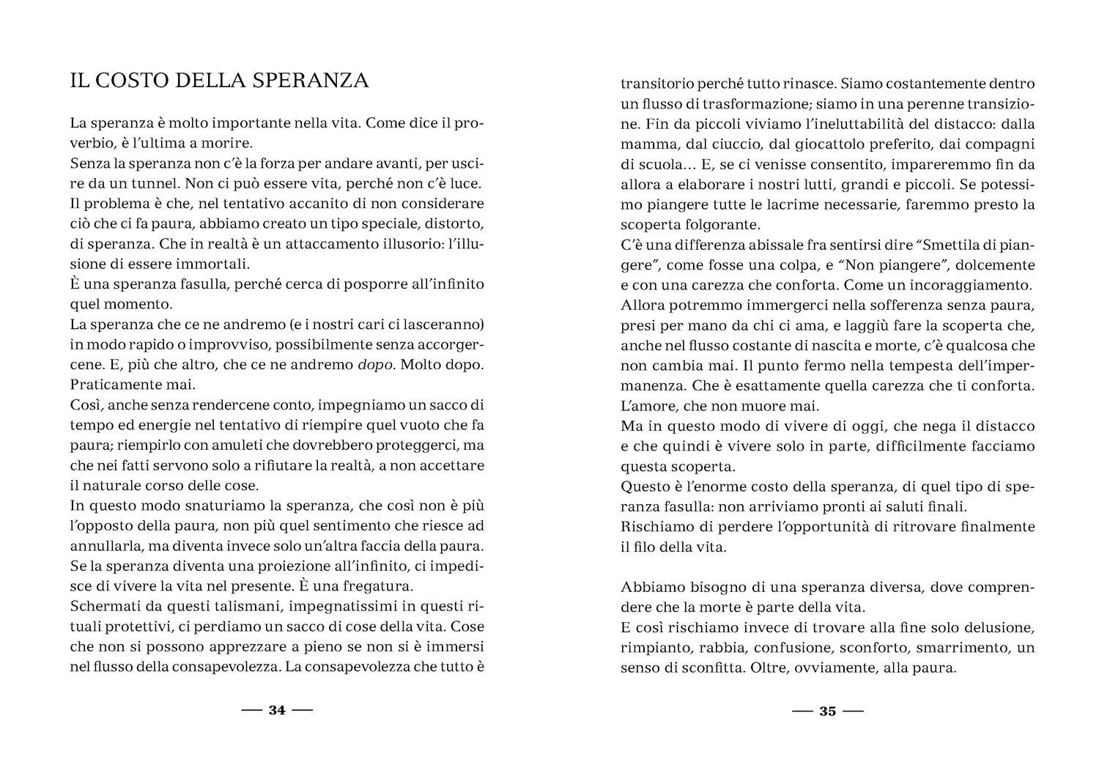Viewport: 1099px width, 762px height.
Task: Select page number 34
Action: coord(277,711)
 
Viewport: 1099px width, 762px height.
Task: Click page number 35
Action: coord(827,711)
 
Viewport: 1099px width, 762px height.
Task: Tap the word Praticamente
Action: coord(111,383)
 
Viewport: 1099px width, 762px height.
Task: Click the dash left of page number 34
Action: coord(253,711)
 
